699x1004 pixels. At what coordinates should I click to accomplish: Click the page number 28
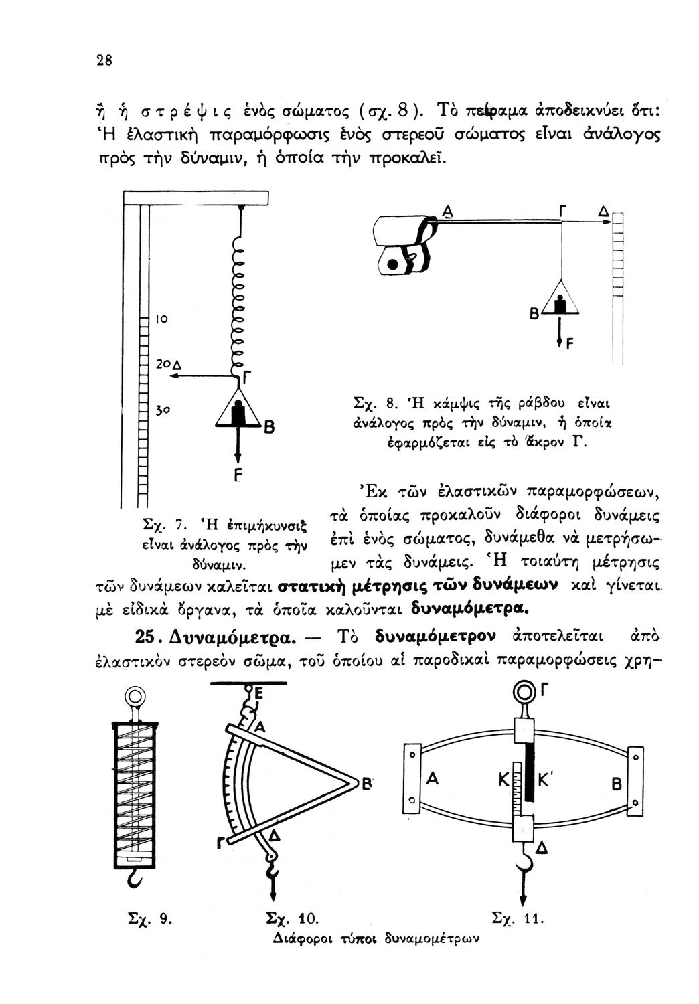coord(103,60)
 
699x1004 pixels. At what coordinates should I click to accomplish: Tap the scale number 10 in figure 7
coord(162,320)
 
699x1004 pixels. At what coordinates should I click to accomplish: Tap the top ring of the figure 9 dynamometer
coord(136,697)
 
